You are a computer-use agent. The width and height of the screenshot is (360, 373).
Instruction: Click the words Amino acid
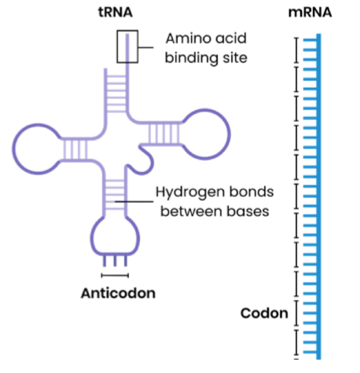coord(204,38)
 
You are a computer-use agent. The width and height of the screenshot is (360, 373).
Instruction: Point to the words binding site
coord(204,58)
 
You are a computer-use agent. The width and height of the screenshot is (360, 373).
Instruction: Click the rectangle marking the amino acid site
coord(127,46)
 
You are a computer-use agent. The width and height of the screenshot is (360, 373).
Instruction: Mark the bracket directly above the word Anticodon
coord(116,275)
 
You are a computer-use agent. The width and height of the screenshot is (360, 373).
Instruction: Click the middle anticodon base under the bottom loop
coord(116,260)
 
